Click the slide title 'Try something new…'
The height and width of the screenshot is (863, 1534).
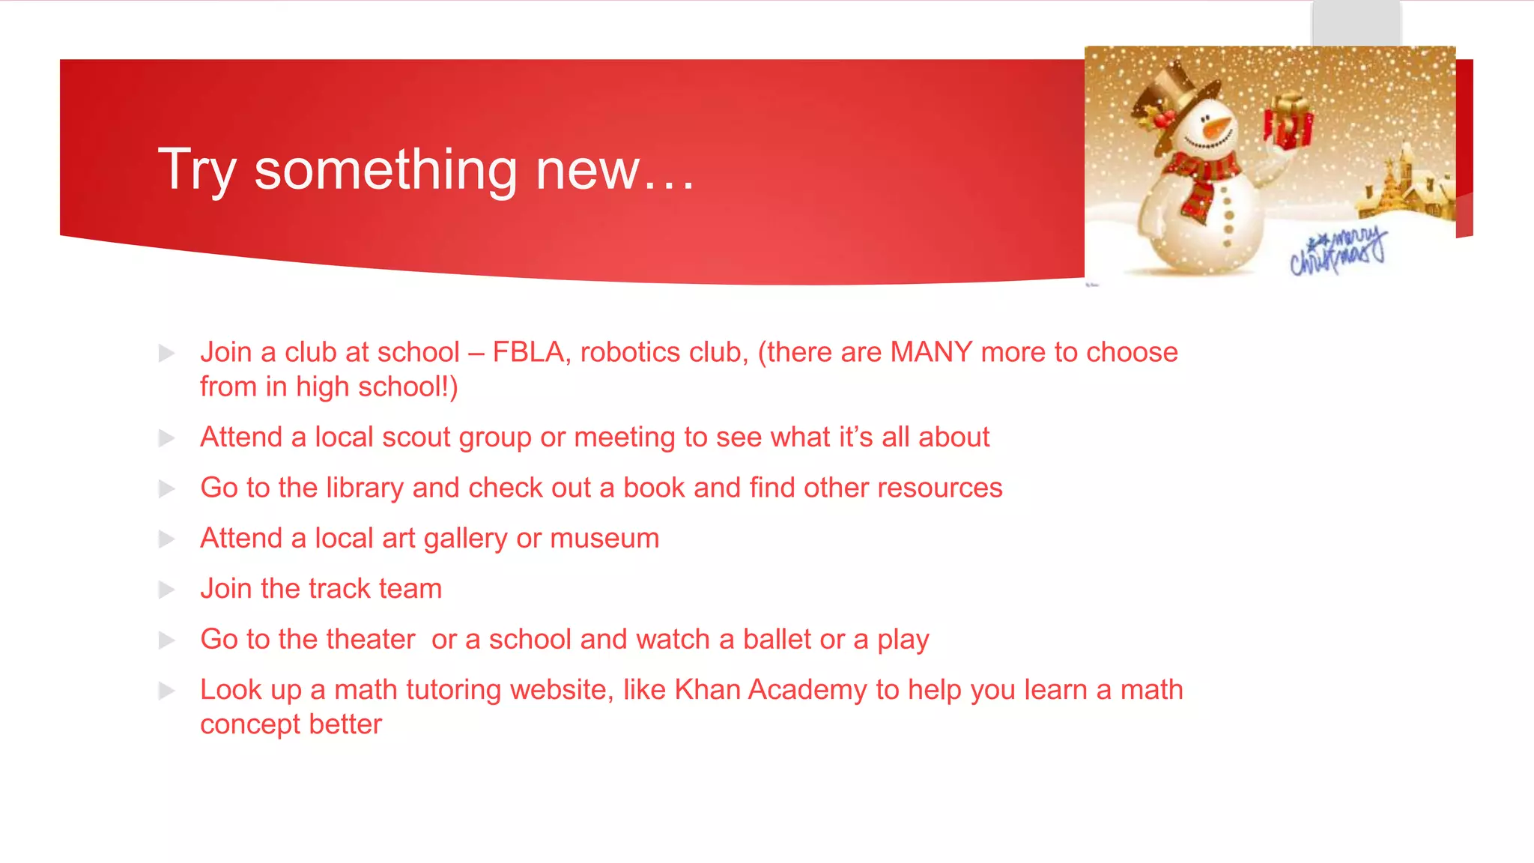pos(426,170)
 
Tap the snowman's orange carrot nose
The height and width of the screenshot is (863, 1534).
pos(1219,127)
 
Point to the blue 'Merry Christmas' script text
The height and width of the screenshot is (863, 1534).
pos(1338,252)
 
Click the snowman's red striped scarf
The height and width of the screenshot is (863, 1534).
pos(1203,180)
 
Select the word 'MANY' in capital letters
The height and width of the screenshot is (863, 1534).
pos(931,352)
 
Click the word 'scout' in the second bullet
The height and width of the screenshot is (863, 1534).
pos(416,437)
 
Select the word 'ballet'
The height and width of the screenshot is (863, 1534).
pos(777,640)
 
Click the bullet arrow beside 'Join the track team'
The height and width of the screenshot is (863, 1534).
pos(166,590)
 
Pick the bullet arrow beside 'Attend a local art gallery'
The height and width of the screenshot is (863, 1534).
pos(166,539)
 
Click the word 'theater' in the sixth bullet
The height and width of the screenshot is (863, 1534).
pos(370,640)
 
